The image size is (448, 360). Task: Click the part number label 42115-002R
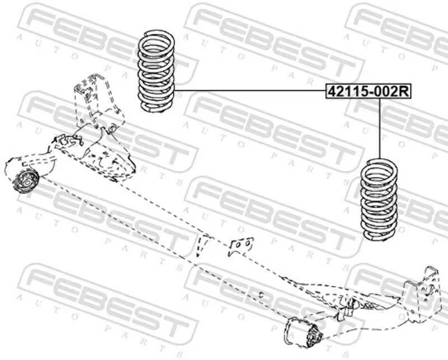click(368, 92)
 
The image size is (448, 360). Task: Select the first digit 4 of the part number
click(332, 92)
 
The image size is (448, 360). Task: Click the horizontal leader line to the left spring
click(250, 90)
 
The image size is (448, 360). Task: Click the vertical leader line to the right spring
click(380, 129)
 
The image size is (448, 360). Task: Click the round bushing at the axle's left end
click(25, 181)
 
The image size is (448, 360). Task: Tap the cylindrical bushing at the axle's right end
click(304, 333)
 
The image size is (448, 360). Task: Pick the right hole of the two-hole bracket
click(248, 243)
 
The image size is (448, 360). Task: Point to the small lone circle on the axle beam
click(260, 294)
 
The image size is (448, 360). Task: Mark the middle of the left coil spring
click(156, 71)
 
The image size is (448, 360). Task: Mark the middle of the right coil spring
click(379, 199)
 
